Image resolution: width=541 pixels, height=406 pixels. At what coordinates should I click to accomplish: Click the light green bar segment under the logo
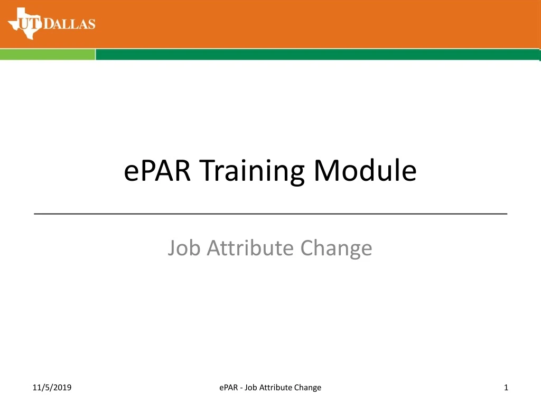[48, 54]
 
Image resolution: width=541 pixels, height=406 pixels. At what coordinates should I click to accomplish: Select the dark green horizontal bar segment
[317, 54]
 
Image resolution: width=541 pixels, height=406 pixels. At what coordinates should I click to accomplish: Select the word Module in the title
[365, 171]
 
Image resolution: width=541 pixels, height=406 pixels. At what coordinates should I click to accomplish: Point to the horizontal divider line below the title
[270, 214]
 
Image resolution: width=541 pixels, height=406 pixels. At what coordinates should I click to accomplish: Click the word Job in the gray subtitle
[184, 247]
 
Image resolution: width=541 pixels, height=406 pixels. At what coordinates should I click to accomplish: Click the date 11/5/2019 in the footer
[52, 387]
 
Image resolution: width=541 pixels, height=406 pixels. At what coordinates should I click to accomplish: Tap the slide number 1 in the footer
[506, 387]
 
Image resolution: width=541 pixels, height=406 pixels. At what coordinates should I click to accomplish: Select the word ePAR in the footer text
[228, 387]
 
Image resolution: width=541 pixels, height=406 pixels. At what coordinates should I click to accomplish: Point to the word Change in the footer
[309, 387]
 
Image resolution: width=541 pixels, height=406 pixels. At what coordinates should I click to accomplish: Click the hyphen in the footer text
[241, 388]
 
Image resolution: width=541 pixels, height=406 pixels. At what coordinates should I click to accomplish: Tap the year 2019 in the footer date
[62, 387]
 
